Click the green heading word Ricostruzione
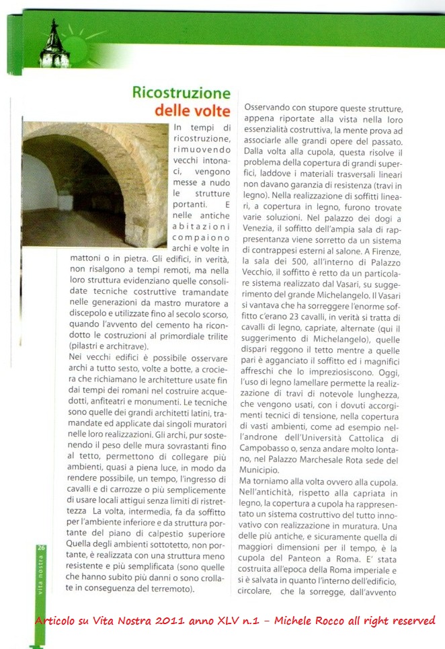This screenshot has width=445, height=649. [x=181, y=93]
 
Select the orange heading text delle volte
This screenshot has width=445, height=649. [x=193, y=110]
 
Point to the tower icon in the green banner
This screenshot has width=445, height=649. [x=51, y=44]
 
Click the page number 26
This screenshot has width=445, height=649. [x=41, y=548]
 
